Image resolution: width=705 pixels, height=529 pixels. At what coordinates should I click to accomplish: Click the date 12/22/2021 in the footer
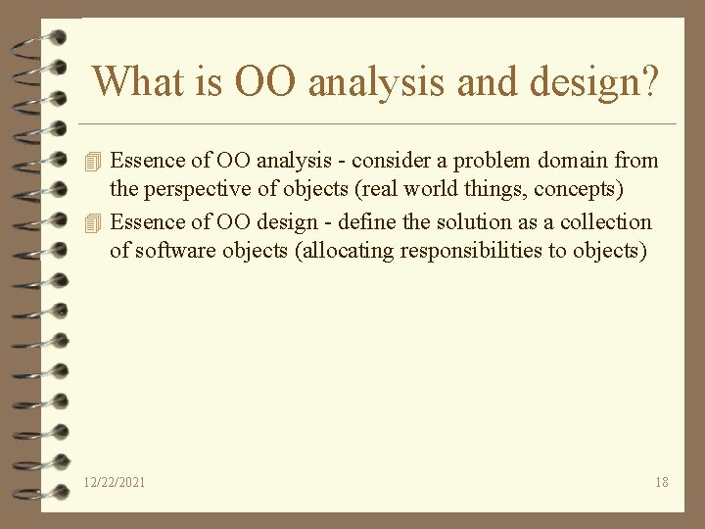click(116, 482)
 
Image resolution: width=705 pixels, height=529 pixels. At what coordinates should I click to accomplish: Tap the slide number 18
click(662, 482)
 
